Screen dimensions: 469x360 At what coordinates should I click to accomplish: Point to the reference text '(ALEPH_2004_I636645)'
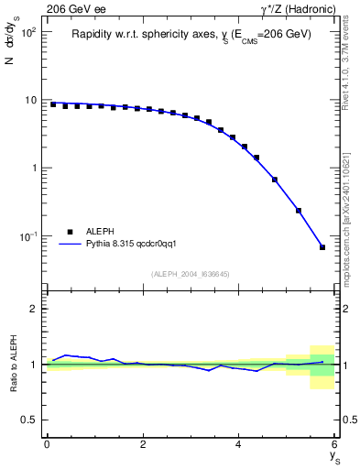191,273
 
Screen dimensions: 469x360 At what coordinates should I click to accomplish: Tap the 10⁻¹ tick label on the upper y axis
26,236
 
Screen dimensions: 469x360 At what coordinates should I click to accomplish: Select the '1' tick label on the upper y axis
32,169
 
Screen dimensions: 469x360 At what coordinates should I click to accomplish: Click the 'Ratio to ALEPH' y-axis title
12,365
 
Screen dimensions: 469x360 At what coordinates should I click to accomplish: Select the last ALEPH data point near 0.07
322,247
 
